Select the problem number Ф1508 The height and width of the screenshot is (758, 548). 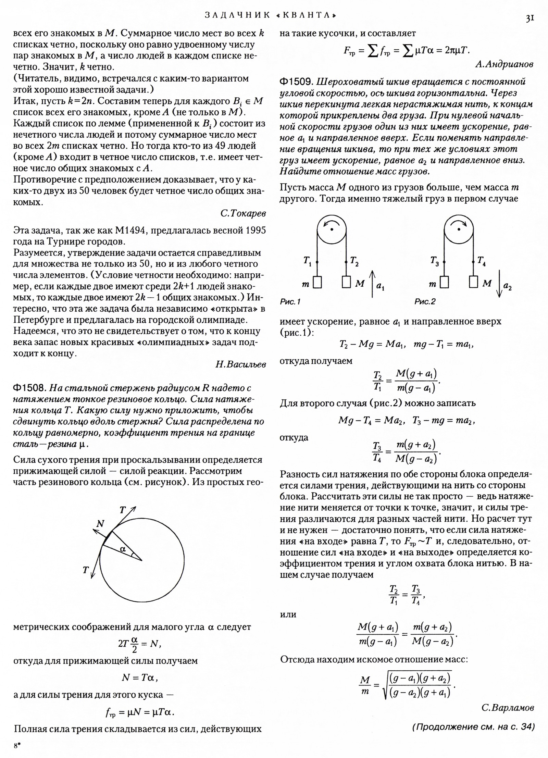click(29, 388)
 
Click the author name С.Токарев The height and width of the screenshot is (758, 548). click(243, 213)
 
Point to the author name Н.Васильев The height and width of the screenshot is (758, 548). click(240, 365)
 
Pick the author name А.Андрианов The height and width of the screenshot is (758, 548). click(505, 64)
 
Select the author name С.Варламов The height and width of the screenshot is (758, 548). click(508, 708)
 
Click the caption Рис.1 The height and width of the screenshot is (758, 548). click(290, 302)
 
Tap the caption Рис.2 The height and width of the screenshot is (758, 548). click(425, 302)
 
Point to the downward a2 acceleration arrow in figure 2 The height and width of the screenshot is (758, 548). click(499, 284)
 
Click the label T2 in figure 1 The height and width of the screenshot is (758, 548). click(354, 261)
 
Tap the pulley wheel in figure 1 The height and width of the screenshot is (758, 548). click(332, 229)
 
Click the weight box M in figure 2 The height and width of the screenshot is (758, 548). click(474, 282)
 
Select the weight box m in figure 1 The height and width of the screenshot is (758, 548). click(317, 282)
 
